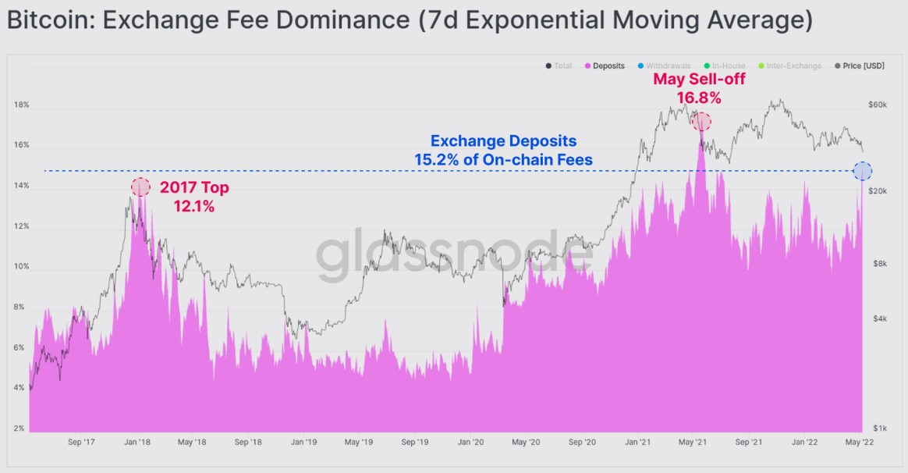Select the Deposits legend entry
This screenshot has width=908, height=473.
[608, 66]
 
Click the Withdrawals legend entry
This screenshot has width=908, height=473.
[669, 66]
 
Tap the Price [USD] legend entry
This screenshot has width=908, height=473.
[863, 66]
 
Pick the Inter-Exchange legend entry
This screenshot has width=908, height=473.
[794, 66]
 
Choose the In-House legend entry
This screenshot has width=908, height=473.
[728, 66]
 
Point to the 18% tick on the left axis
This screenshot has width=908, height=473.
[21, 105]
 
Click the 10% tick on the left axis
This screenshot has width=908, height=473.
[21, 267]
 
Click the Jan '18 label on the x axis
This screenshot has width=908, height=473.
[137, 443]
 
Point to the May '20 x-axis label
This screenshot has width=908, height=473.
[527, 443]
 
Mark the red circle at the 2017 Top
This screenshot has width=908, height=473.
[140, 187]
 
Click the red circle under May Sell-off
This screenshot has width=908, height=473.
[702, 122]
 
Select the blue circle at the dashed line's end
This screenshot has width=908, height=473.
[863, 171]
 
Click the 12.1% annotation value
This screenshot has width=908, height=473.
[193, 208]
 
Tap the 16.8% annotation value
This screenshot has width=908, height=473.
[699, 98]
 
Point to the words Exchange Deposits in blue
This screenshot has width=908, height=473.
[503, 141]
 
